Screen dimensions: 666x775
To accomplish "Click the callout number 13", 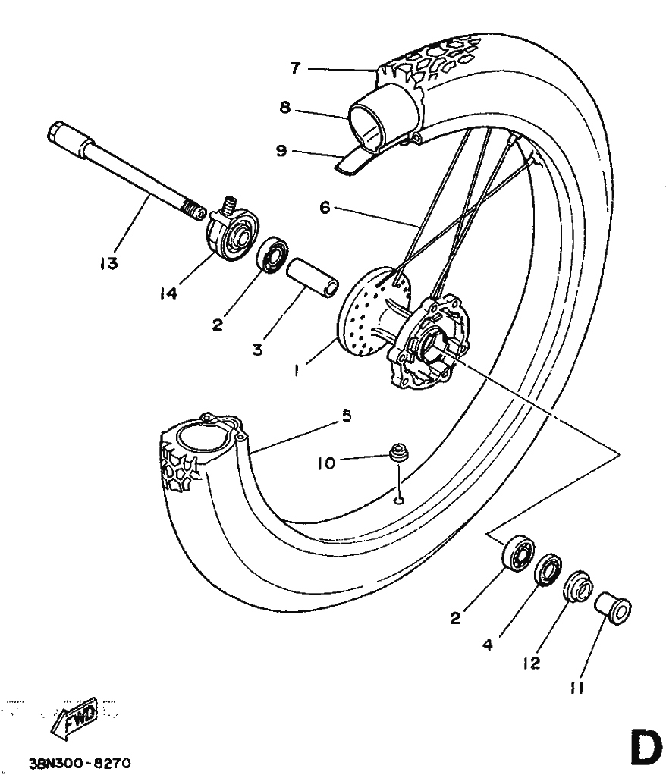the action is coord(108,263).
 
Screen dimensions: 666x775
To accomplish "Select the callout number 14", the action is coord(168,293).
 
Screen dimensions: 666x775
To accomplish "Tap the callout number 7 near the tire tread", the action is coord(295,68).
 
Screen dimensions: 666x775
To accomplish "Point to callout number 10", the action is coord(326,463).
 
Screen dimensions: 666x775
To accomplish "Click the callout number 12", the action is coord(531,664).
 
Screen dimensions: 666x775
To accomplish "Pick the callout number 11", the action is coord(576,688).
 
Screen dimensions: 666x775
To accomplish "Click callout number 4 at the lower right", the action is coord(488,645).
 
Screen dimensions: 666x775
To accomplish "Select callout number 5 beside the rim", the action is coord(347,416).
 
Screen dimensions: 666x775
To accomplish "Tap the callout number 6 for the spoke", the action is coord(325,208).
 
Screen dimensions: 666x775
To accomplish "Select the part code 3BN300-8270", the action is coord(80,764).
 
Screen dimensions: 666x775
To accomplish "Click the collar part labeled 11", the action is coord(612,608).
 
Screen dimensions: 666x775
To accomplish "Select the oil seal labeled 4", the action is coord(548,569).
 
